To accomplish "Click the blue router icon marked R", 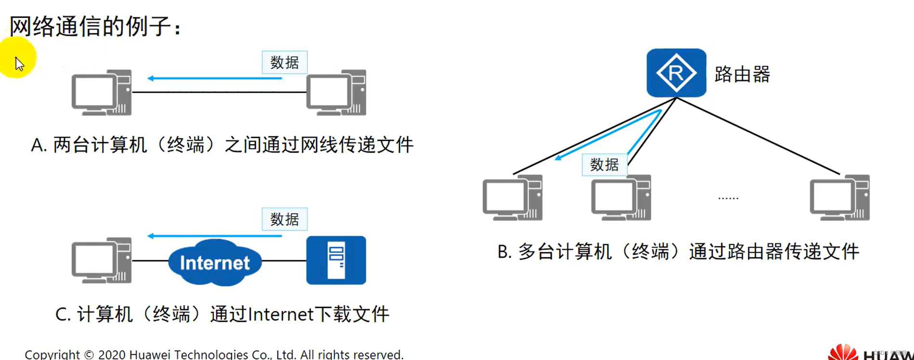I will [676, 73].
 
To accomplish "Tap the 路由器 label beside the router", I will [742, 74].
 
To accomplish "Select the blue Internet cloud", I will [215, 262].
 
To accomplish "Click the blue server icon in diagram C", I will [336, 260].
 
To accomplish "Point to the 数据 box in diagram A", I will [284, 62].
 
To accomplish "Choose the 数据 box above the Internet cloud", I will [284, 219].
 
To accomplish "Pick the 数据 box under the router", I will [604, 165].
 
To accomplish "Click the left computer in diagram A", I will [101, 93].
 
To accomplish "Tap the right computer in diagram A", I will [336, 93].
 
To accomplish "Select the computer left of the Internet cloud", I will [101, 260].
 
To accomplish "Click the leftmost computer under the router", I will [512, 198].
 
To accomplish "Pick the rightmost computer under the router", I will [839, 198].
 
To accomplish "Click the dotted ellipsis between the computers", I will [728, 198].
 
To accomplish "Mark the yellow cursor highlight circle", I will [17, 58].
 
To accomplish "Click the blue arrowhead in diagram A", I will [151, 78].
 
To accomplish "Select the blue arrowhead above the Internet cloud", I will [151, 236].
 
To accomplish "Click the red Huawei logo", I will [843, 352].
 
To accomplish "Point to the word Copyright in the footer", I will [52, 355].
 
